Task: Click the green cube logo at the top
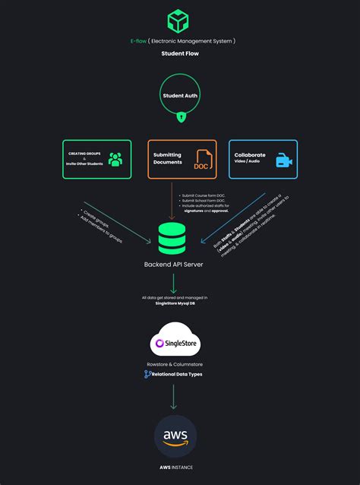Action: [179, 20]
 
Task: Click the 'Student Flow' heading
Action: [180, 54]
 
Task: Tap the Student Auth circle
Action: [180, 96]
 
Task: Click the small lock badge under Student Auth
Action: [180, 117]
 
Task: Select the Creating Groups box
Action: [96, 159]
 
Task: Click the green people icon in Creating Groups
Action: [115, 160]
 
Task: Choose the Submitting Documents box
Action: [182, 159]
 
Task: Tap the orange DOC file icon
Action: [202, 160]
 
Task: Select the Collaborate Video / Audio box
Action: [263, 159]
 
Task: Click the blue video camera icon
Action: [284, 160]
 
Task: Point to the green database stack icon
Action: [172, 239]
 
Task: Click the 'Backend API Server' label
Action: [173, 265]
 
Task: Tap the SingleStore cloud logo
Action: [175, 343]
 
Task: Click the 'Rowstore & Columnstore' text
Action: [175, 364]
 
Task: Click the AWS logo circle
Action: [175, 436]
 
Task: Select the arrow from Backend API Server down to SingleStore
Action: [174, 284]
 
